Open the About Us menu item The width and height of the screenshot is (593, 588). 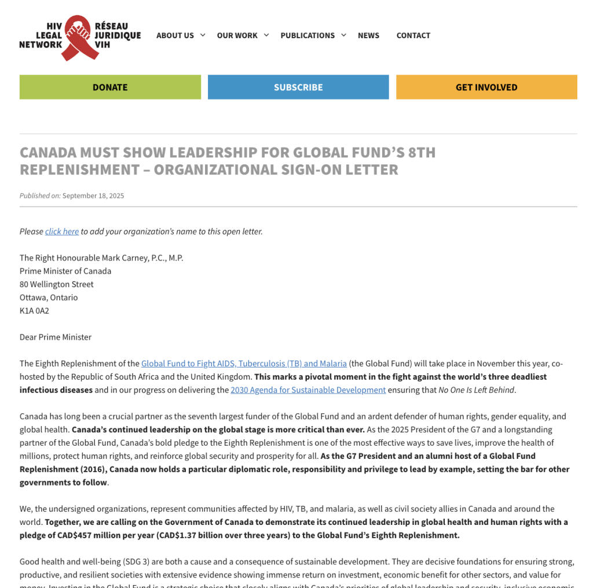pos(175,35)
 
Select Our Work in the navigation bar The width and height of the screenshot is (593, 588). pos(237,35)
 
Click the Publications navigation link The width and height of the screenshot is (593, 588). pos(308,35)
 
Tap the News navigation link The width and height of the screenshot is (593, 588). pos(368,35)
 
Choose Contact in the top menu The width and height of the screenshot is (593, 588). pos(413,35)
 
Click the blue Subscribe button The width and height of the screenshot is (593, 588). pos(298,87)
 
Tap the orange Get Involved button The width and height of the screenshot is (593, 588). pos(486,87)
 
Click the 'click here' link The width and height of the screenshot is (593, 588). pos(62,231)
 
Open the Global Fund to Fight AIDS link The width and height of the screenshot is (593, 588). pos(244,363)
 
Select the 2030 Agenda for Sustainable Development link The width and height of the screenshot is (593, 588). pos(308,390)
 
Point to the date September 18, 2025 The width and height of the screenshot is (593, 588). pos(93,196)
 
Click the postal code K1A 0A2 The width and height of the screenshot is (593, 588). pos(34,311)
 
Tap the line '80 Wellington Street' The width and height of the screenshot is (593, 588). pos(57,284)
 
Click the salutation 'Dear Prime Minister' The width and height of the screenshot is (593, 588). pos(56,337)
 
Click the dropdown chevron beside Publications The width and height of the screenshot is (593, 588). pos(343,35)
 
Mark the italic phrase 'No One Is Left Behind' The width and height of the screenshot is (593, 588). pos(476,390)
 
